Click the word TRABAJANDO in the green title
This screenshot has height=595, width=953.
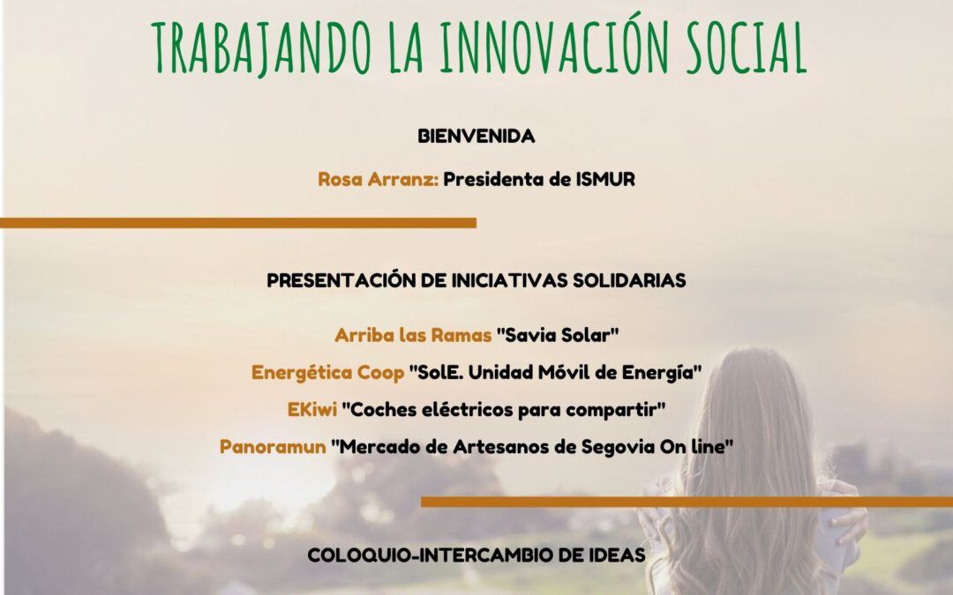[x=261, y=48]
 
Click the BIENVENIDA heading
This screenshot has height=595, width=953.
[x=476, y=136]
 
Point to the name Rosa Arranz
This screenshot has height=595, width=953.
[x=378, y=179]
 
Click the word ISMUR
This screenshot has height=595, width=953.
[x=604, y=179]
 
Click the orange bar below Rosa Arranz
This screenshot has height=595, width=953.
[x=238, y=223]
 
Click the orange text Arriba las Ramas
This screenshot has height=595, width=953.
[x=413, y=335]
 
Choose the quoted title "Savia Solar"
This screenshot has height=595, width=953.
[x=558, y=335]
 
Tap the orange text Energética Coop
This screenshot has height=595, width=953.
[x=327, y=372]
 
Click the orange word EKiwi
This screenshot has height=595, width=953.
[x=312, y=410]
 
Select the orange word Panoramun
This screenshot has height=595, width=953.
[x=273, y=447]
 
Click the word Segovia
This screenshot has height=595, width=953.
[x=618, y=447]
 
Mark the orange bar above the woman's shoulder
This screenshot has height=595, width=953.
[x=687, y=502]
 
